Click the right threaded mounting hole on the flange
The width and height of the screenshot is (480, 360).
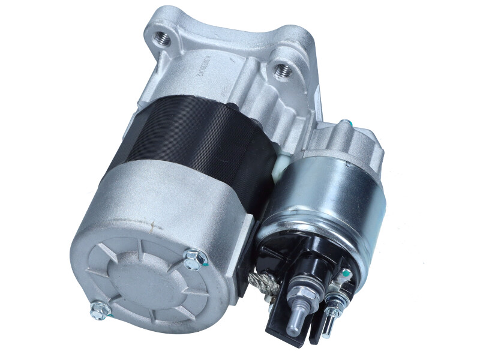tap(283, 71)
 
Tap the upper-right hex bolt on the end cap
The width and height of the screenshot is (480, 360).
tap(196, 258)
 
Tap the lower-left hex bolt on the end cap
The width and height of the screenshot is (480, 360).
tap(98, 309)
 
